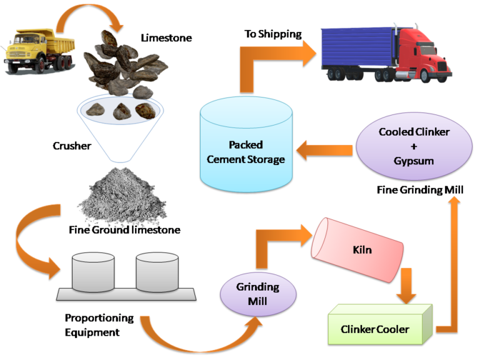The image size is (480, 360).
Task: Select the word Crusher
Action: [x=73, y=146]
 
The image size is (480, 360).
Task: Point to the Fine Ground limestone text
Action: [x=124, y=230]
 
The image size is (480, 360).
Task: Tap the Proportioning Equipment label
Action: [x=99, y=325]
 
